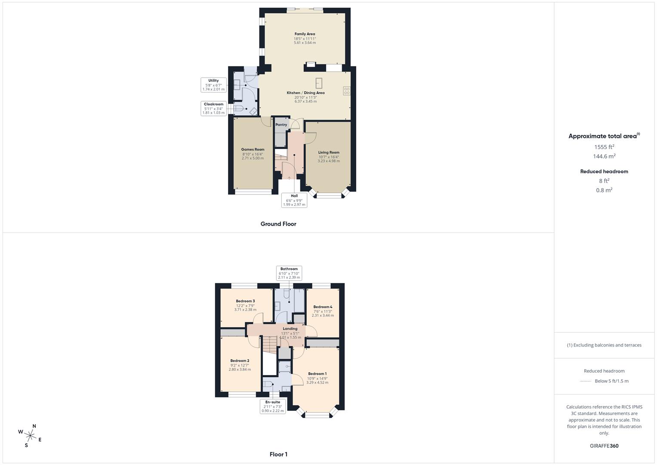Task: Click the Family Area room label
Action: (305, 34)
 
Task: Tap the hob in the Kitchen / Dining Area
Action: (346, 91)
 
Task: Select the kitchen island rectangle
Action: (319, 83)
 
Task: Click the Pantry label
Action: (281, 125)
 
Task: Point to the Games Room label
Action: (253, 149)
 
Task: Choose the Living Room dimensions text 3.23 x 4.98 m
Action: (329, 161)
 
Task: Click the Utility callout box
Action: (213, 85)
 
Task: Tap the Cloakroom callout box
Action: (214, 108)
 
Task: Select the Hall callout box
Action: (294, 200)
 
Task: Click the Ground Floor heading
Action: (278, 224)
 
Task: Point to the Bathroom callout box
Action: (289, 273)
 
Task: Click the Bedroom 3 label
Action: (245, 301)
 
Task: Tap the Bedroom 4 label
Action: (323, 307)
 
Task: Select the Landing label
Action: (290, 329)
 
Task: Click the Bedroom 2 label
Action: (240, 361)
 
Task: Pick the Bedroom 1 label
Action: (317, 374)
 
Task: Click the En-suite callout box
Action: (273, 406)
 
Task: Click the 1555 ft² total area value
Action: (604, 147)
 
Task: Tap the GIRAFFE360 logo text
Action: (604, 446)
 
